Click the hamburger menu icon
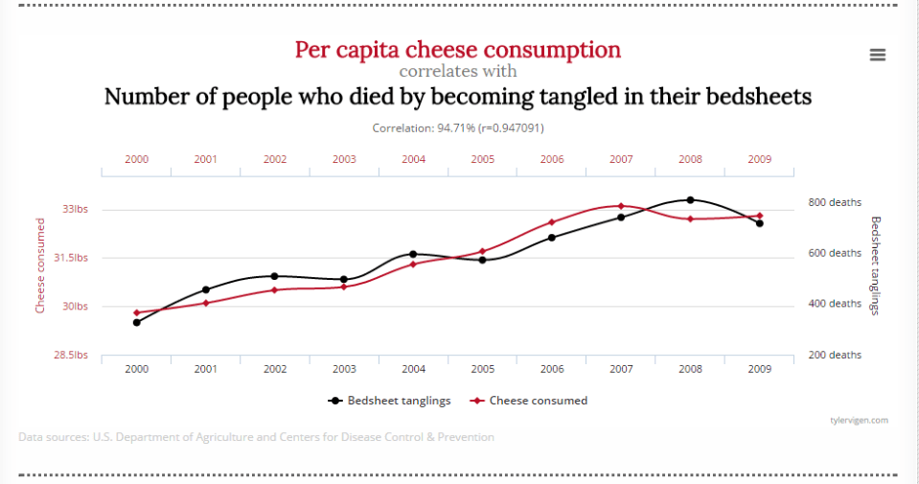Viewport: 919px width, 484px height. click(x=877, y=55)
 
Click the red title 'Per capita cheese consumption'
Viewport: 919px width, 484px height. click(x=457, y=49)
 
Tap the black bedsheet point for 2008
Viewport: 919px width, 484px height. click(x=690, y=200)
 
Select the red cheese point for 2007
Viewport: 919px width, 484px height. click(x=621, y=206)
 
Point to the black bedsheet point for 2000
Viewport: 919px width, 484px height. click(x=137, y=322)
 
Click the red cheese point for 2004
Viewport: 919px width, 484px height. click(x=413, y=264)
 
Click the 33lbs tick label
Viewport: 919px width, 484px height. click(x=75, y=209)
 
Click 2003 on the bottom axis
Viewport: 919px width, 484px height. click(x=344, y=369)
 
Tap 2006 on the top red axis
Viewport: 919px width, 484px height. click(x=552, y=159)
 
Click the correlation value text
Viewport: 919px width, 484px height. click(x=458, y=127)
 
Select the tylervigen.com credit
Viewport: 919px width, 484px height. click(x=860, y=420)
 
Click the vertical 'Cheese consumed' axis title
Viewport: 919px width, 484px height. click(x=40, y=265)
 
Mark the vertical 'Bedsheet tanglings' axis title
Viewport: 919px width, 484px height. click(x=874, y=265)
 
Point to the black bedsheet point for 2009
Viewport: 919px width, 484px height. click(x=759, y=223)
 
